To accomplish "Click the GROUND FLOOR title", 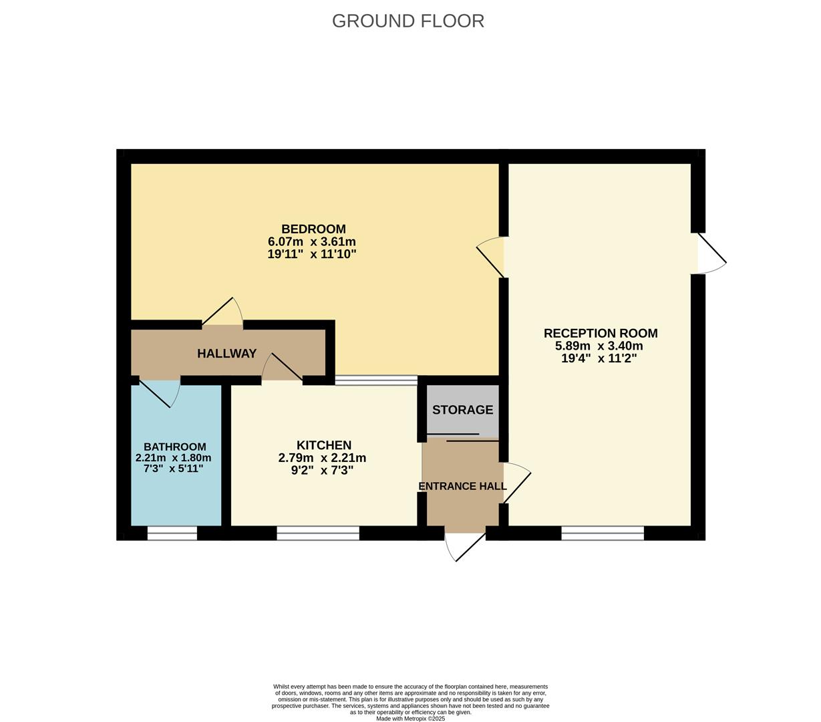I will point(407,21).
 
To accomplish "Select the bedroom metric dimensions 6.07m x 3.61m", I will point(311,241).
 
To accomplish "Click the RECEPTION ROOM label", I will point(600,333).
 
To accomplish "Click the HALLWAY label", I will point(226,354).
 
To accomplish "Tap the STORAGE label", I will point(462,410).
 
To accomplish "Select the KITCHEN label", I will point(323,445).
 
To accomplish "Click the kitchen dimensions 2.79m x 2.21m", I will point(322,458).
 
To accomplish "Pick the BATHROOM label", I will point(174,447).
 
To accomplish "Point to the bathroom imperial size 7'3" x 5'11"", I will point(173,469).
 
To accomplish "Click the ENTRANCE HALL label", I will point(462,486).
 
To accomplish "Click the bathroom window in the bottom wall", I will point(172,533).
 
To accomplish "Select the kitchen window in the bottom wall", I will point(318,533).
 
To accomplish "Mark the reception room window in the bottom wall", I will point(603,533).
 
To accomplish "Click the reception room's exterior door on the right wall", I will point(710,254).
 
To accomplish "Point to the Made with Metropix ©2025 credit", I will point(410,719).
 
